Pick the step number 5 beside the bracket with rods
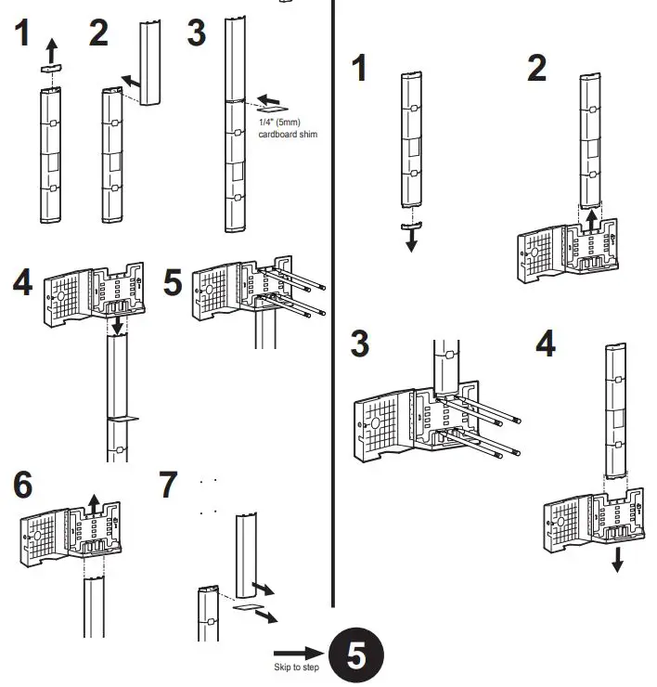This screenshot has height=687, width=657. [173, 282]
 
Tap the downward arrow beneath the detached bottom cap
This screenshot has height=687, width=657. [411, 240]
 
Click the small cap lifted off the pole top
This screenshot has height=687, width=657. [52, 68]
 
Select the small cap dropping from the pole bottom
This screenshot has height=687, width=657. [409, 224]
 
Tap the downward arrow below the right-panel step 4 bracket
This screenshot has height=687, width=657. [617, 559]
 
